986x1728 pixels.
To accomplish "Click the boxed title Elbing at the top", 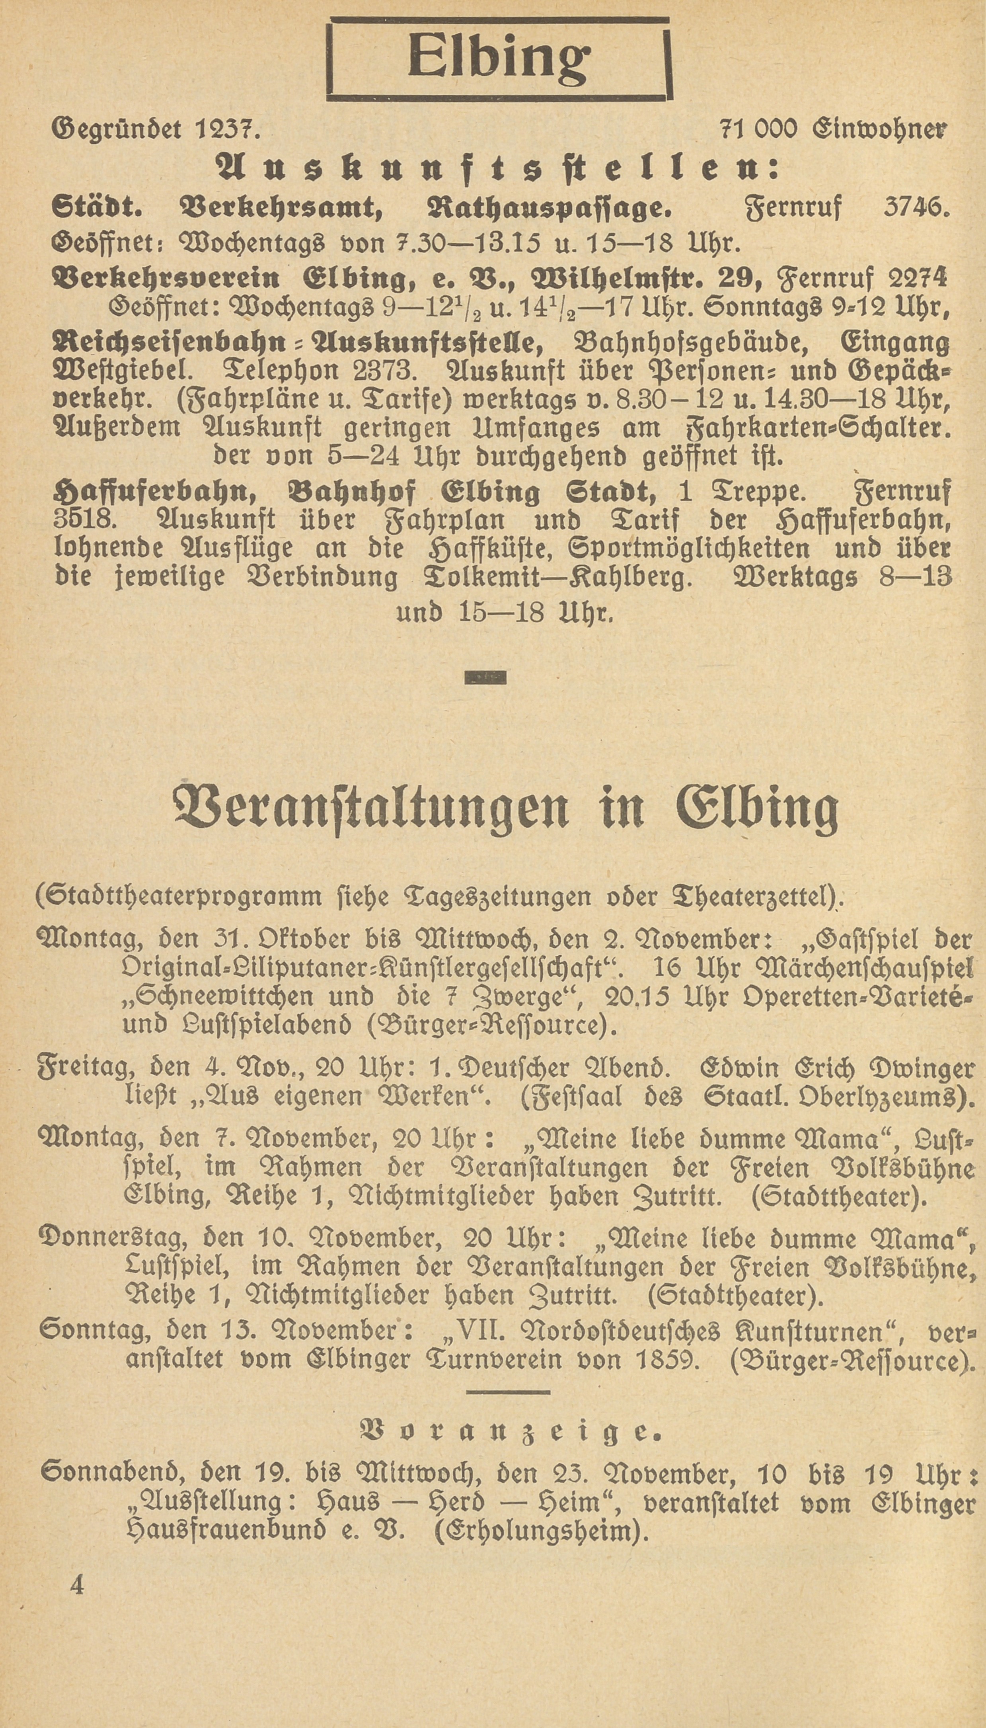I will click(x=499, y=59).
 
